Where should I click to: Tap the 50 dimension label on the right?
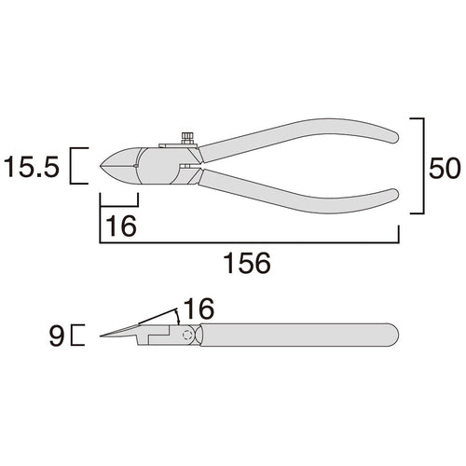click(444, 168)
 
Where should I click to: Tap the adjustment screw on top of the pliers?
click(186, 138)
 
